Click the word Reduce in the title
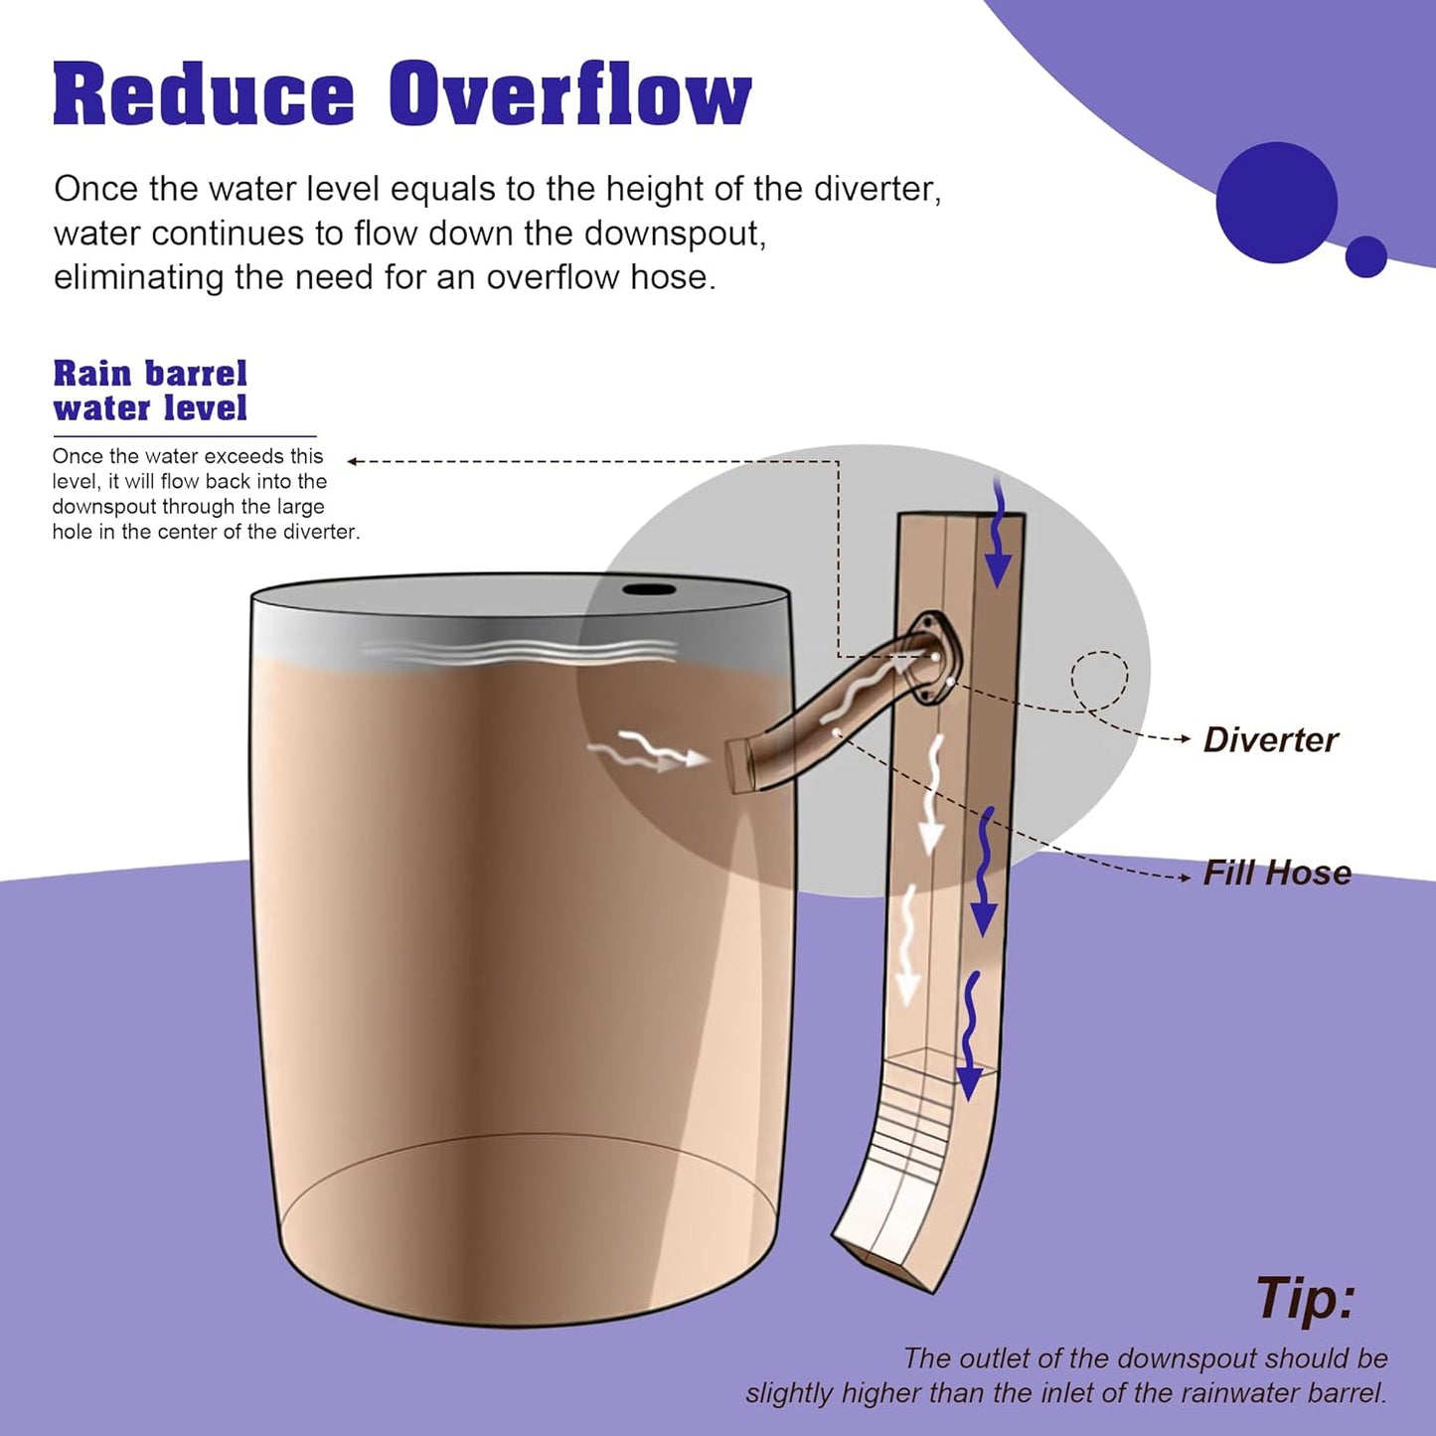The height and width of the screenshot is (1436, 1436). click(203, 95)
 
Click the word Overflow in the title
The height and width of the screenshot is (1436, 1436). click(569, 95)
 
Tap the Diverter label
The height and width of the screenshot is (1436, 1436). click(1270, 739)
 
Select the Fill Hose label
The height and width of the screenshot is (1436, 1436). click(1277, 873)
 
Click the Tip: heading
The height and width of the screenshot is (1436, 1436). click(1305, 1298)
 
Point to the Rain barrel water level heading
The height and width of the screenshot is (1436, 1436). click(150, 391)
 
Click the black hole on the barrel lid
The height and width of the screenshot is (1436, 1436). click(649, 589)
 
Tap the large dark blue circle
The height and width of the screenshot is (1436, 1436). click(1276, 203)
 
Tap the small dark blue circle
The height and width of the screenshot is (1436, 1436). click(1366, 256)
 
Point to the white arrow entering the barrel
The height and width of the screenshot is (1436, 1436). click(651, 754)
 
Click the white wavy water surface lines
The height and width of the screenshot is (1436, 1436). click(517, 653)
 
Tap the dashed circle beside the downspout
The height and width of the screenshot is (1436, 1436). click(1099, 681)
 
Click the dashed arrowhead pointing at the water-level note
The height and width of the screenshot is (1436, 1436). click(352, 461)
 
